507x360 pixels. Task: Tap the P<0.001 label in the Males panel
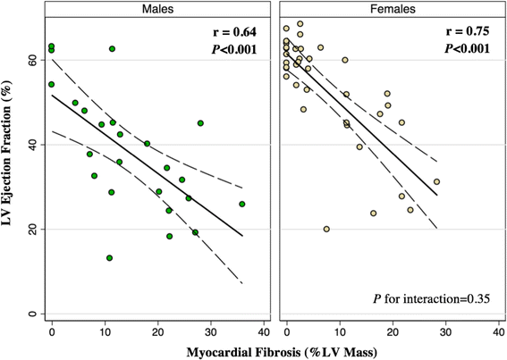[x=230, y=49]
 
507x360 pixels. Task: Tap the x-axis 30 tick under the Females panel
[x=444, y=331]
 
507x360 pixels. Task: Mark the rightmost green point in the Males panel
[x=242, y=204]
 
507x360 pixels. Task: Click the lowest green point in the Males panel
[x=109, y=258]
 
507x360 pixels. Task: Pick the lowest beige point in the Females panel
[x=326, y=230]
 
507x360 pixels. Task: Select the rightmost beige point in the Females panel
[x=436, y=181]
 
